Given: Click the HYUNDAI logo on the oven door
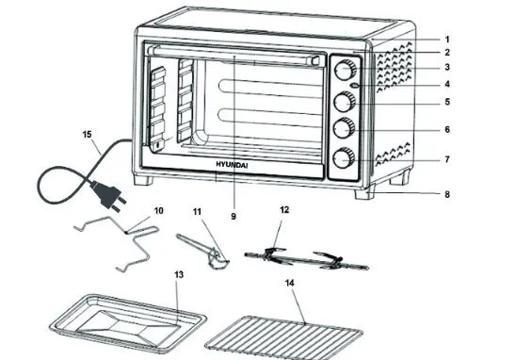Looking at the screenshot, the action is point(232,165).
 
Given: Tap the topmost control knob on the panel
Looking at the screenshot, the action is point(345,70).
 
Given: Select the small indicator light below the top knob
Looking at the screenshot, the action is point(355,86).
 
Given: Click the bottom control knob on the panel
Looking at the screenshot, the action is point(344,158).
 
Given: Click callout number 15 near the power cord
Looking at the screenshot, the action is point(88,135).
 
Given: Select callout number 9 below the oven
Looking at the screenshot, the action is point(234,216).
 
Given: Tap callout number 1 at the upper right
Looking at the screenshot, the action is point(447,40).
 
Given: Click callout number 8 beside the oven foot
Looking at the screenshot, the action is point(447,194).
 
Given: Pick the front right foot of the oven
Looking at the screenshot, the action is point(364,192).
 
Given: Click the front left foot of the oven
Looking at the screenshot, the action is point(143,180).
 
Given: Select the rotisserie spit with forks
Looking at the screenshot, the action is point(306,260).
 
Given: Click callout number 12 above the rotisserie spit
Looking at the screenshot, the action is point(284,210).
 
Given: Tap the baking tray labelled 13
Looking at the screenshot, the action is point(128,320).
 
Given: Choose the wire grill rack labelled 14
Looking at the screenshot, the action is point(283,337).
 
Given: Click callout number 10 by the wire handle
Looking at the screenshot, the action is point(158,211).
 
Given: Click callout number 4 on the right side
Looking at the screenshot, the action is point(447,84).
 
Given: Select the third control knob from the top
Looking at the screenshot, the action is point(344,128).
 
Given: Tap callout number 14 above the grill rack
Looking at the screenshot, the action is point(289,283).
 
